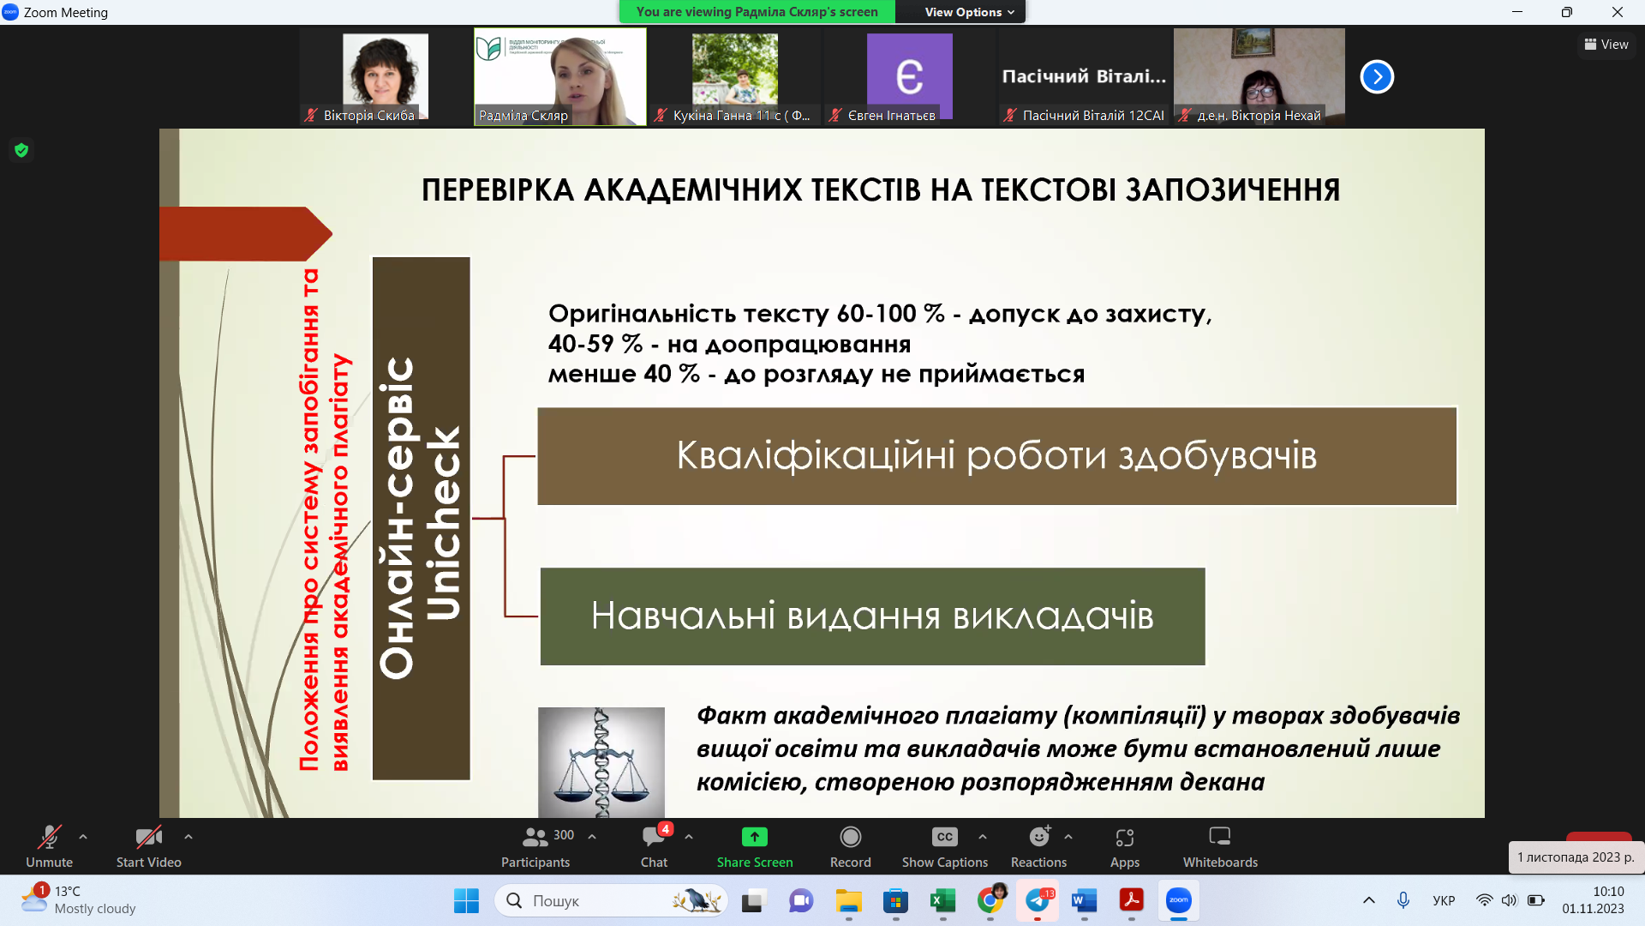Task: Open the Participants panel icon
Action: [535, 838]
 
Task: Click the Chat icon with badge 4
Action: [654, 838]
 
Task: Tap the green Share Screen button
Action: [754, 838]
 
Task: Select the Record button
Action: [850, 838]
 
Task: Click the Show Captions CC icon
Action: [944, 838]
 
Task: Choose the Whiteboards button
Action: [1219, 838]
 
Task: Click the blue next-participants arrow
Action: [1377, 77]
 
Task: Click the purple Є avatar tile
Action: [909, 75]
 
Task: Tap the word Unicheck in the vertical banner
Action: [444, 523]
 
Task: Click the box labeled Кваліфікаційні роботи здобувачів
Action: [996, 456]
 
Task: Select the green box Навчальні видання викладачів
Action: [872, 616]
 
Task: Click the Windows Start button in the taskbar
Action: [466, 901]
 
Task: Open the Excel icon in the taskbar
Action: [942, 901]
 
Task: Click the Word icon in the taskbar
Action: [1084, 901]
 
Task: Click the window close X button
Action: [1617, 12]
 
